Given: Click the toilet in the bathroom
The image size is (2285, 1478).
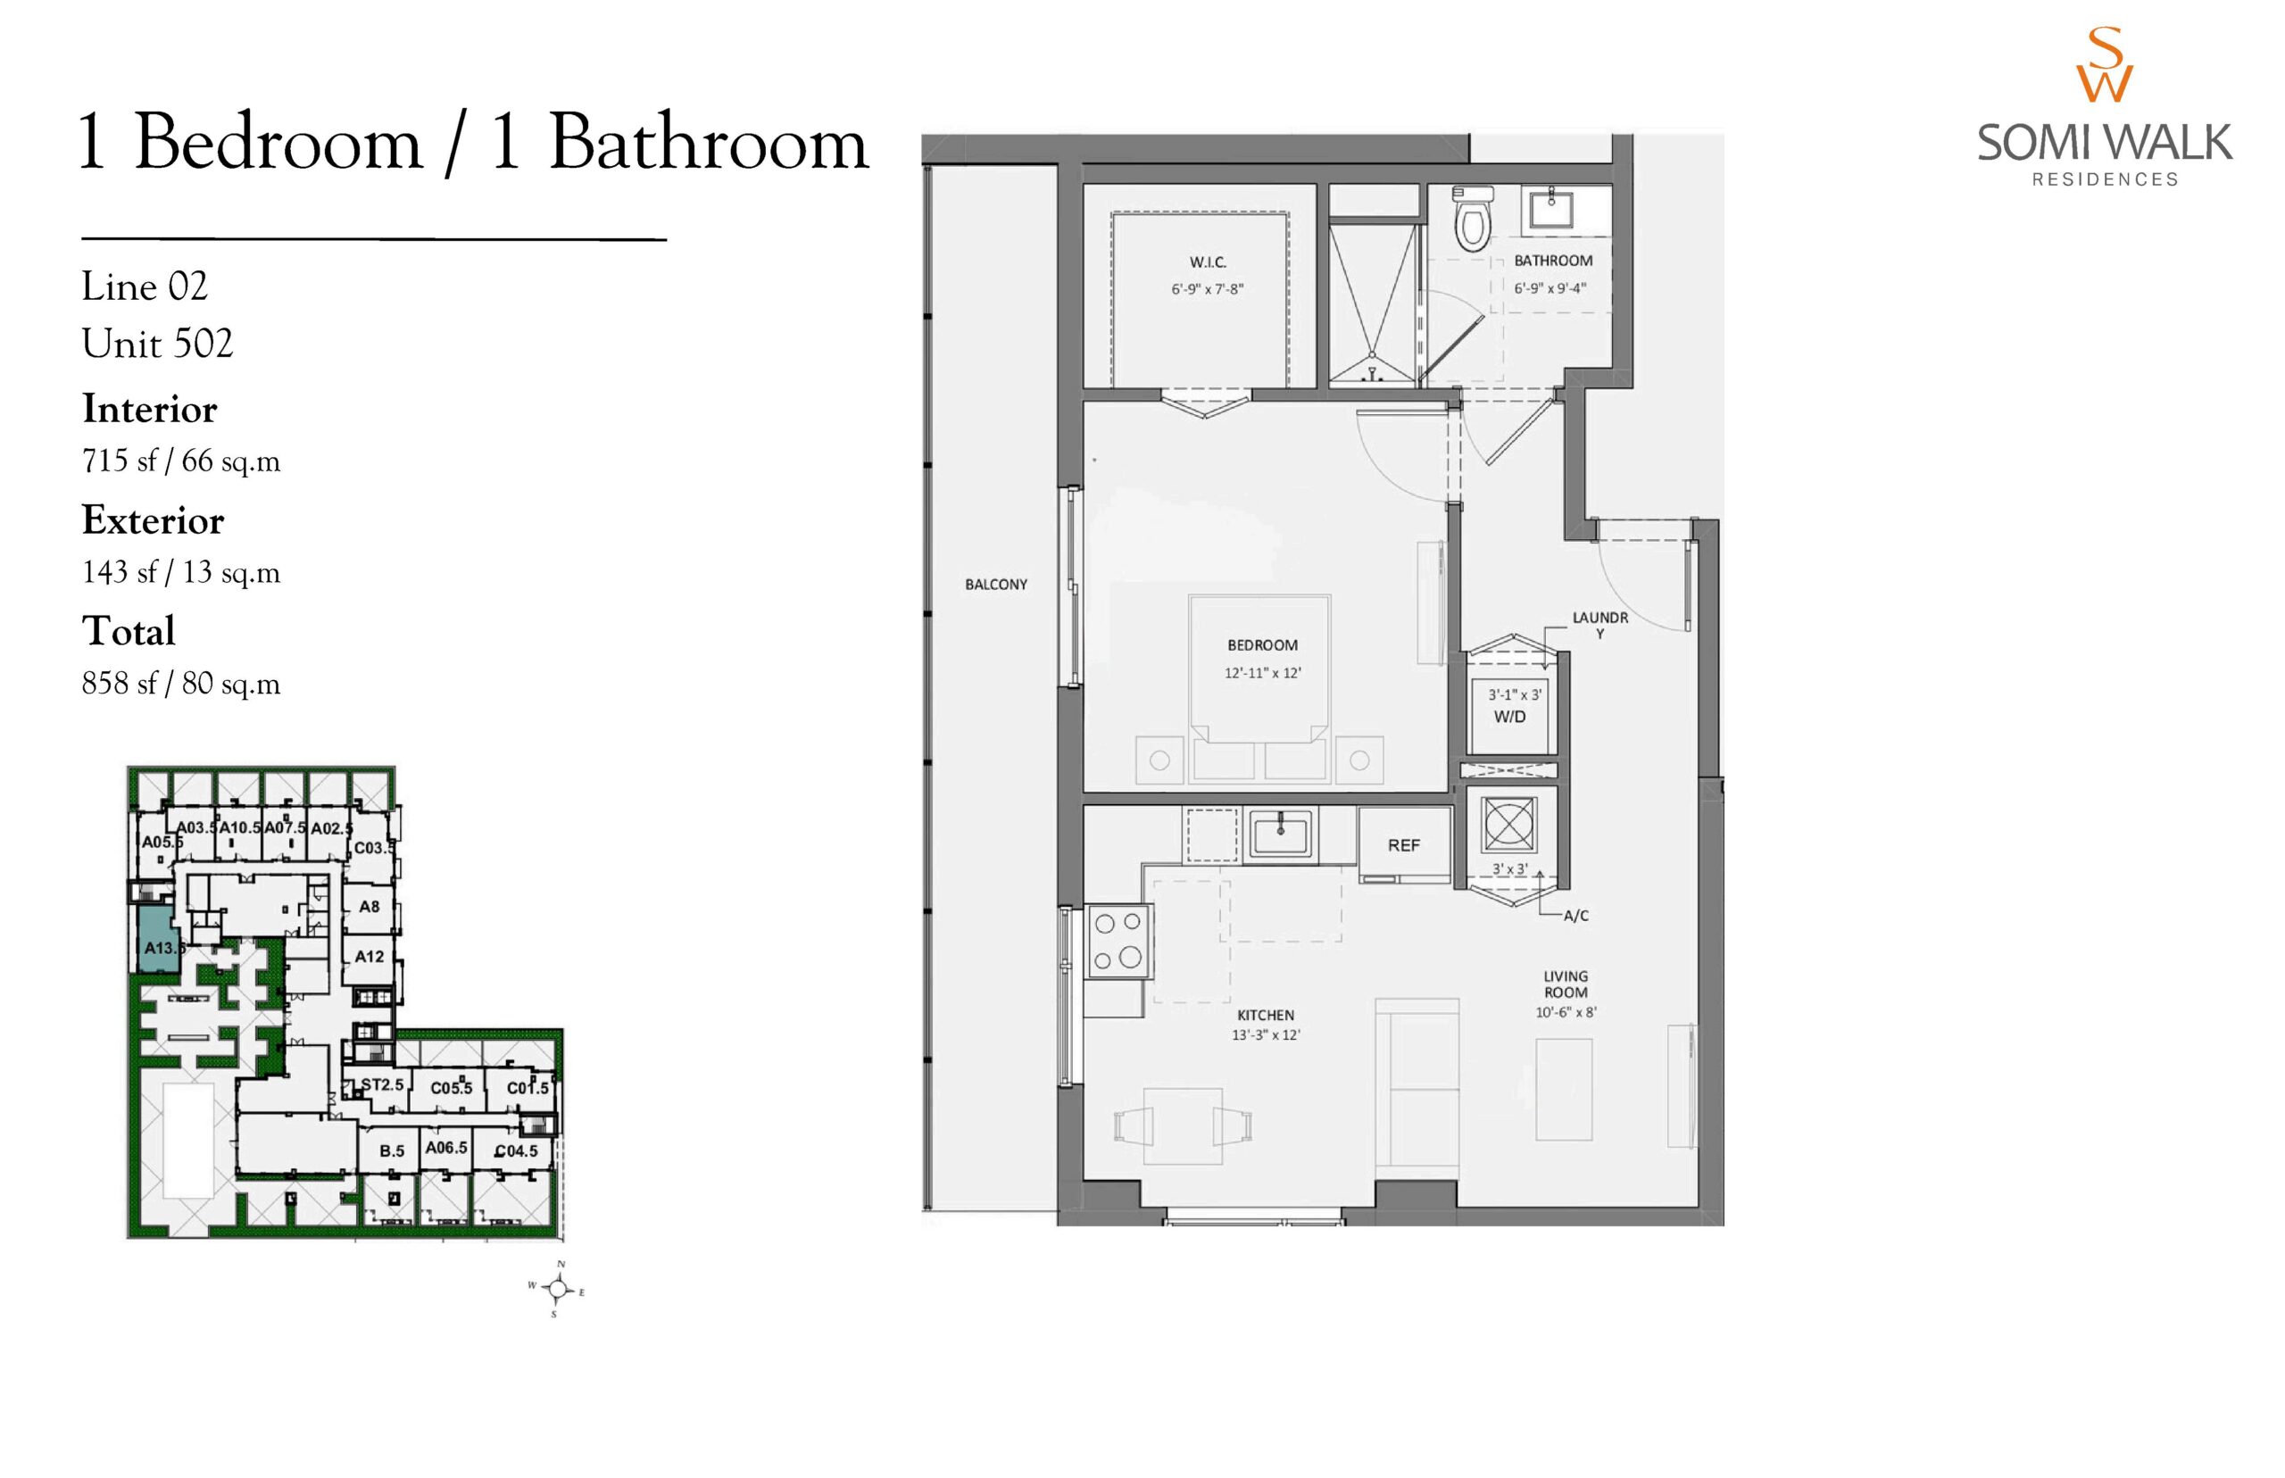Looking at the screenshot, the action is (x=1470, y=219).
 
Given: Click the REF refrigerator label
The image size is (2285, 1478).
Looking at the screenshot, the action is (x=1403, y=845).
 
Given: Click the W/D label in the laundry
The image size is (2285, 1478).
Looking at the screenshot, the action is (x=1509, y=717).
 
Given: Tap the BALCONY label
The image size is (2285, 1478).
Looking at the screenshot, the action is (x=996, y=585).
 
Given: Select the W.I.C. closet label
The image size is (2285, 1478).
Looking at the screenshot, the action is (x=1208, y=262).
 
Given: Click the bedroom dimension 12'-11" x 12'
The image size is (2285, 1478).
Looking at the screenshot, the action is (x=1262, y=673).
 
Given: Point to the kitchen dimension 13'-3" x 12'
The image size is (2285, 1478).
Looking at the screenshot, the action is (x=1265, y=1035).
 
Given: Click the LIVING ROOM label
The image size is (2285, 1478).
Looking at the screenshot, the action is (x=1566, y=984).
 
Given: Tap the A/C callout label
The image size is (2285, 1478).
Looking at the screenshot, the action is (x=1575, y=916).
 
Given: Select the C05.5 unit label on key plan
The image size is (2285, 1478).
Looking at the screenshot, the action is (x=451, y=1088).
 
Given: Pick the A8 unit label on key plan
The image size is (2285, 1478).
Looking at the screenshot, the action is (x=370, y=907).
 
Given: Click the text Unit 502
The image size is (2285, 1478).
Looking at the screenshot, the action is (x=157, y=344).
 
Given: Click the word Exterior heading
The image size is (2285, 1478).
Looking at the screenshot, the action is (x=153, y=520).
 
